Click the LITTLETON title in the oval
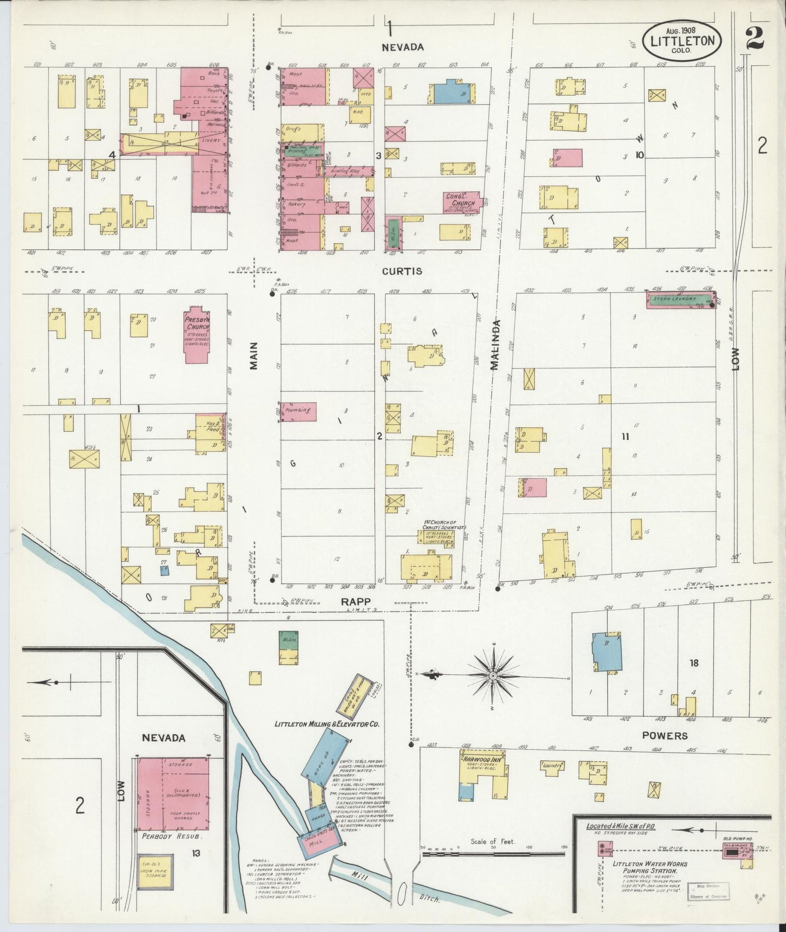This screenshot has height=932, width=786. point(683,41)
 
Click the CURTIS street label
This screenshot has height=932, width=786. point(401,271)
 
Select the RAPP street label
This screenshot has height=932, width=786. point(356,601)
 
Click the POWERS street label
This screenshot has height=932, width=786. point(665,736)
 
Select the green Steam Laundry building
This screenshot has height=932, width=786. point(679,299)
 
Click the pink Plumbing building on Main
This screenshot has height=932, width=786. point(299,411)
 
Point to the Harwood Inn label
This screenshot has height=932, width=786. point(481,759)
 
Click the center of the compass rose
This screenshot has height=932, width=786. point(493,676)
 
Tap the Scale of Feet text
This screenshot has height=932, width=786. point(492,842)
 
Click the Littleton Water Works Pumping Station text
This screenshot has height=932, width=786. point(649,867)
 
